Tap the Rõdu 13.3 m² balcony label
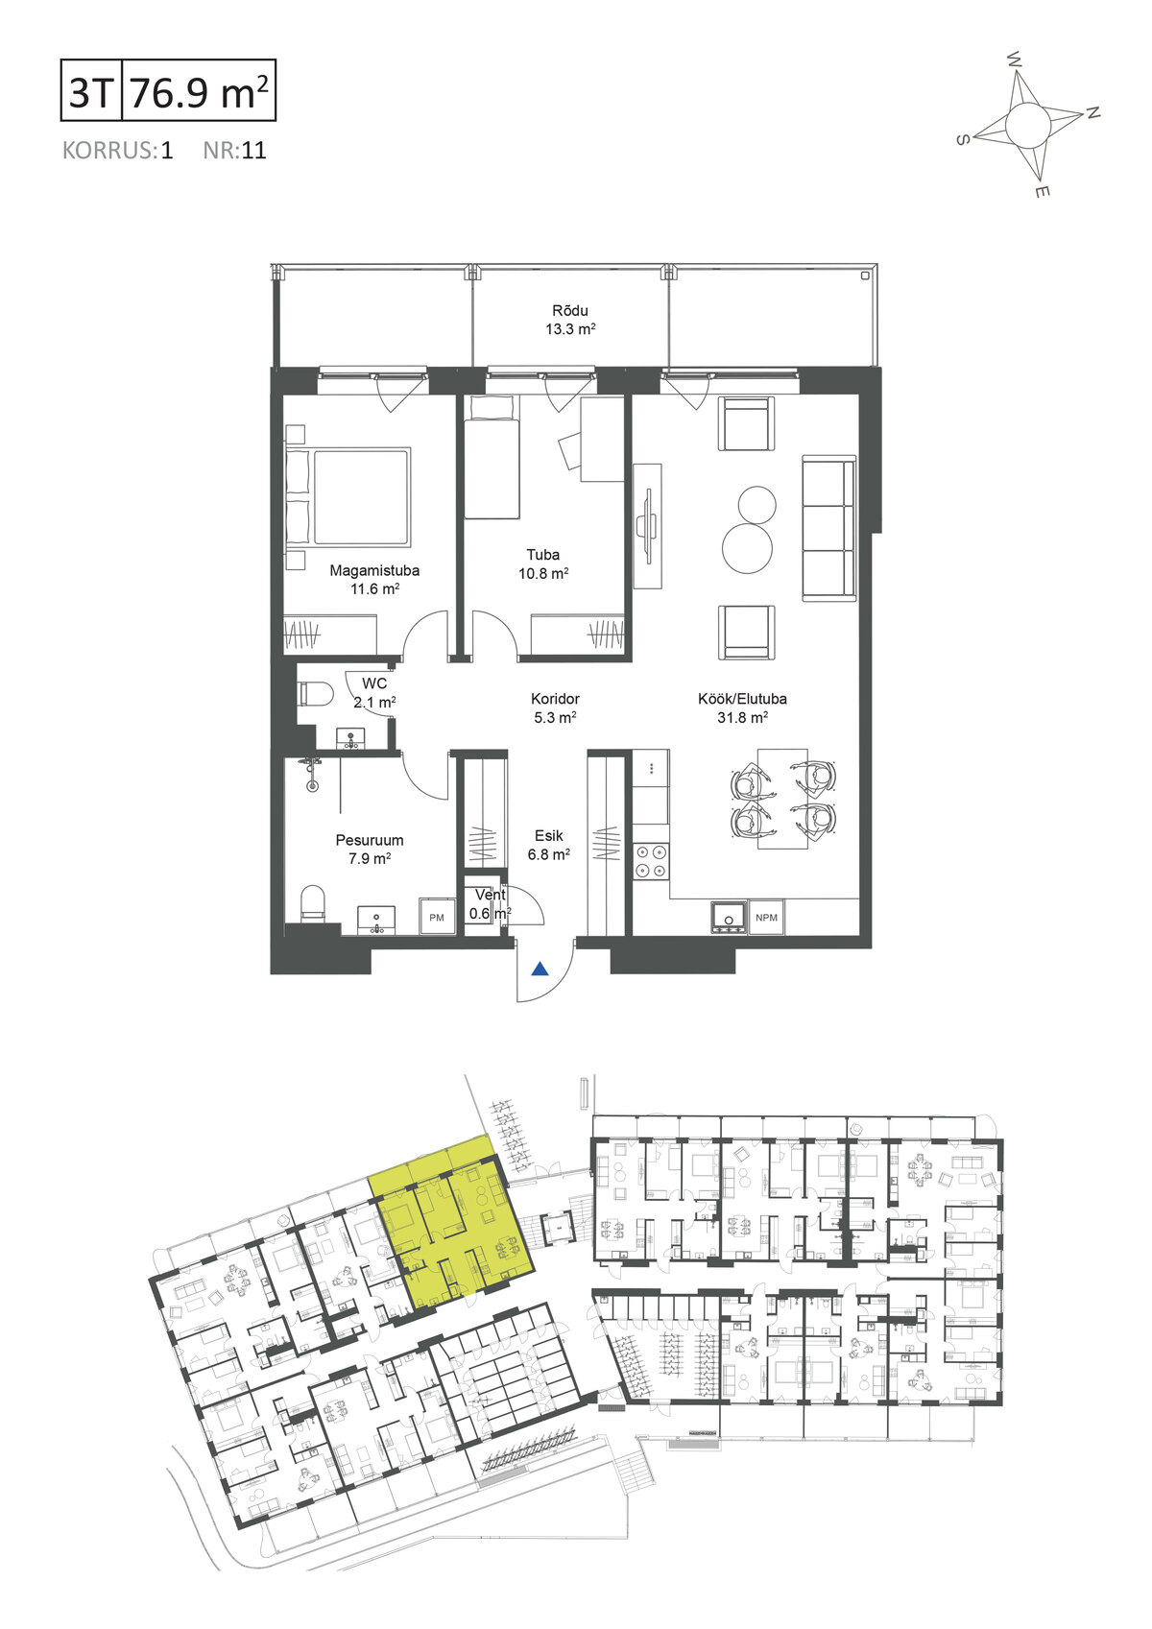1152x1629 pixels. [x=570, y=320]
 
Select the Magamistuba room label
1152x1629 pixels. [x=374, y=571]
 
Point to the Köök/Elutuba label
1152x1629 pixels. [x=742, y=699]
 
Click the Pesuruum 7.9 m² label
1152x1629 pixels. [x=370, y=850]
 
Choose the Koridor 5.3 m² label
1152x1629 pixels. [x=555, y=708]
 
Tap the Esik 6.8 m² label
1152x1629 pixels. [x=548, y=845]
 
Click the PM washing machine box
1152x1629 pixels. [x=437, y=918]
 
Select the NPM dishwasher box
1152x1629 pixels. [x=766, y=918]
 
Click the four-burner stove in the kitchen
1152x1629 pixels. [x=650, y=862]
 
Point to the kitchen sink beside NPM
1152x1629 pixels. [x=730, y=918]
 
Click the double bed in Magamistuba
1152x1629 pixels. [x=349, y=497]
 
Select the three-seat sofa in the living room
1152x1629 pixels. [x=828, y=529]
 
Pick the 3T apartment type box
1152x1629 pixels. [x=91, y=90]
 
